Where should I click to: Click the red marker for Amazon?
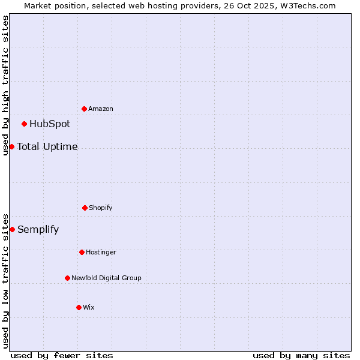coord(85,109)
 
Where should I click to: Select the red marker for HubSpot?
coord(25,124)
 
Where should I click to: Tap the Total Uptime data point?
coord(12,146)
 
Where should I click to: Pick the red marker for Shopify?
coord(85,208)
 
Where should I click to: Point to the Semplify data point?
coord(12,229)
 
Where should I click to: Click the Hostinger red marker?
coord(82,252)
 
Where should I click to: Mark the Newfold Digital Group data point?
coord(67,278)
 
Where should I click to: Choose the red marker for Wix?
coord(79,307)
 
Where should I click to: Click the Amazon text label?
coord(101,109)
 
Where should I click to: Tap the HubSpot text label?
coord(50,124)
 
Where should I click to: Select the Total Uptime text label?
coord(47,146)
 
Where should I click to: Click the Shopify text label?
coord(101,208)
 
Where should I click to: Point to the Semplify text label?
coord(38,229)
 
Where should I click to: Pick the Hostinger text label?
coord(101,253)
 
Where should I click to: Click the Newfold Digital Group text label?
coord(107,278)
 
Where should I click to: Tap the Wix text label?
coord(89,308)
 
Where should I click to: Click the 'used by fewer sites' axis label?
coord(62,355)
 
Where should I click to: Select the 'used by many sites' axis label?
coord(301,355)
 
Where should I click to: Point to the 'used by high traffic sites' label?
coord(5,85)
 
